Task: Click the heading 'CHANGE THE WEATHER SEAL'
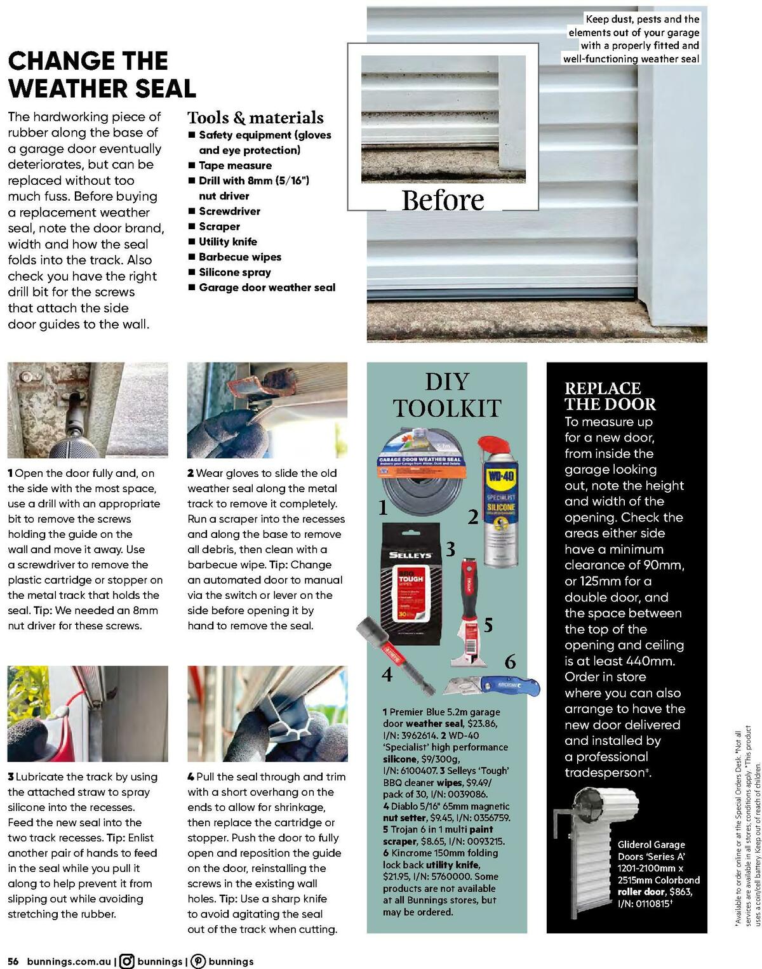point(102,74)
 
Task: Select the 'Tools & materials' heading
point(255,117)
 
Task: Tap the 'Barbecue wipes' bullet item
point(239,257)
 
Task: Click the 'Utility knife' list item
point(227,242)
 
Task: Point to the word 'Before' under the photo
point(443,200)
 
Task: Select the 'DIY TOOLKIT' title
point(446,394)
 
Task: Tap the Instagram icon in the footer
point(127,961)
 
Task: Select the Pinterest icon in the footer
point(198,961)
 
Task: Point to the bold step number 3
point(11,777)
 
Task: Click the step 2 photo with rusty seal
point(267,410)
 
